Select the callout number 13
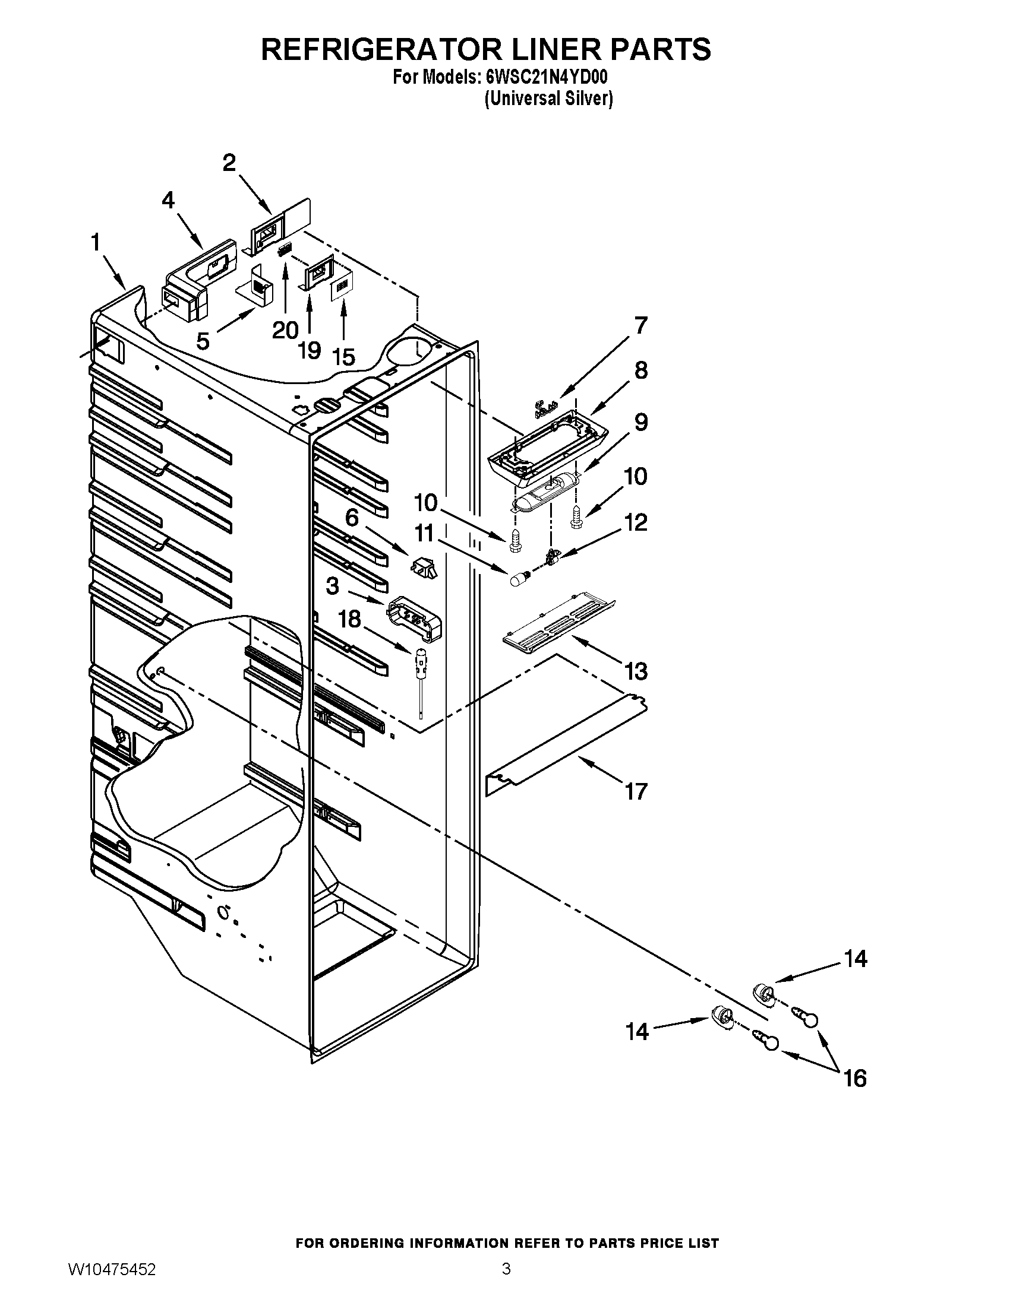pyautogui.click(x=636, y=671)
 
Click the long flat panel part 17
pyautogui.click(x=566, y=744)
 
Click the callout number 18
pyautogui.click(x=349, y=620)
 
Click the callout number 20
pyautogui.click(x=285, y=330)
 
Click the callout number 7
pyautogui.click(x=641, y=326)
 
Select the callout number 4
pyautogui.click(x=169, y=200)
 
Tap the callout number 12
pyautogui.click(x=636, y=522)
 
